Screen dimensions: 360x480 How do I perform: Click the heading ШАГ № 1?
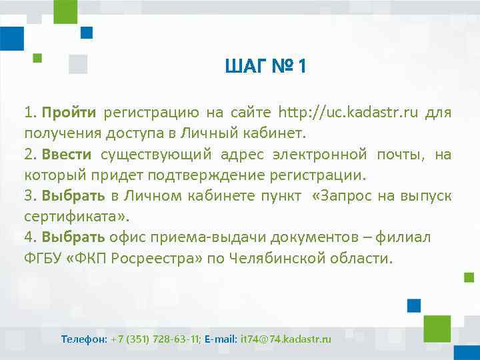coord(265,67)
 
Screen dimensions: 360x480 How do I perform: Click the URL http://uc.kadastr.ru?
coord(348,112)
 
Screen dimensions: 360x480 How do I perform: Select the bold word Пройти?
coord(69,112)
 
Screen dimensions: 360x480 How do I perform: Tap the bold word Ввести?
coord(67,155)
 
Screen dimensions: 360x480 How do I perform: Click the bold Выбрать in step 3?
coord(73,196)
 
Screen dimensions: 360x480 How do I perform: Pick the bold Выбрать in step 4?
coord(73,237)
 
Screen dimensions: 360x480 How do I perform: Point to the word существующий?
coord(157,155)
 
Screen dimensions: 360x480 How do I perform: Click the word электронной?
coord(319,155)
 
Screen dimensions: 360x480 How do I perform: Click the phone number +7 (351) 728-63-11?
coord(155,339)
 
